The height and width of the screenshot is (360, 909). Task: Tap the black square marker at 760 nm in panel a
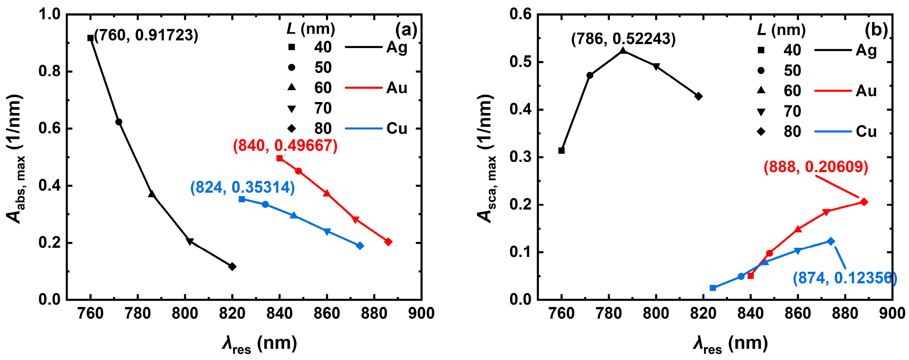[90, 38]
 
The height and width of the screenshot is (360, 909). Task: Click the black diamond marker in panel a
[232, 267]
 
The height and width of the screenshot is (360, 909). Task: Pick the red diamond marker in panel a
[388, 242]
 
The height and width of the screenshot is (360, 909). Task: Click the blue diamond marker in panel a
[360, 246]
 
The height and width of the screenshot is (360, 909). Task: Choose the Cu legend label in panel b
[866, 132]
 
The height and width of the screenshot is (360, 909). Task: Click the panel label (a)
[406, 30]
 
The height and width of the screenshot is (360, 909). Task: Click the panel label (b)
[876, 31]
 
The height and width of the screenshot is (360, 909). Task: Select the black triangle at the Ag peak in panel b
[623, 51]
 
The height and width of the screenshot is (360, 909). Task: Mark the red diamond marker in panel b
[864, 202]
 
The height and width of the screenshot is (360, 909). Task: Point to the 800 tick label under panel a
[185, 313]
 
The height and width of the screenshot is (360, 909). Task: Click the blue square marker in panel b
[713, 288]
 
